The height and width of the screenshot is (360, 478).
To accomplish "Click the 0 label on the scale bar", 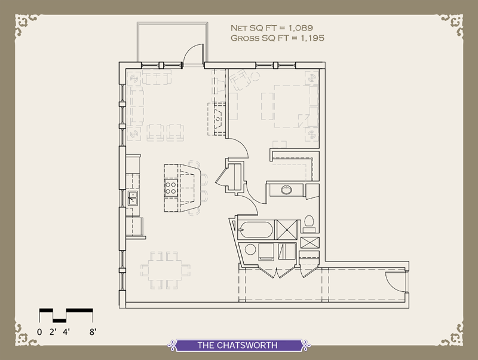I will (x=39, y=330).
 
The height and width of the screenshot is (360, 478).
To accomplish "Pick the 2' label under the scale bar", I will (x=54, y=330).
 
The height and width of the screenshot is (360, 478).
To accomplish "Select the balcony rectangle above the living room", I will (x=172, y=42).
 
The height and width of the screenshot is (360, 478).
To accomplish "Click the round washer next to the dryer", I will (x=249, y=249).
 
